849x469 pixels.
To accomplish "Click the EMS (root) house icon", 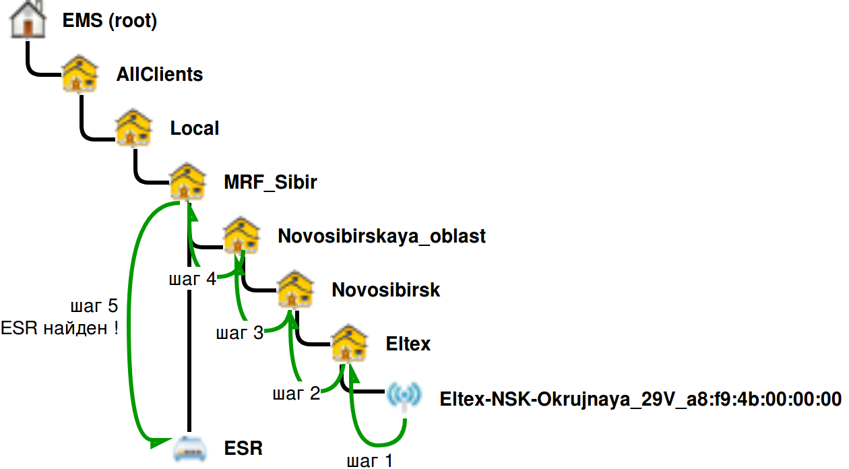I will (x=28, y=20).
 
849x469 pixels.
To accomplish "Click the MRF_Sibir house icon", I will (x=187, y=182).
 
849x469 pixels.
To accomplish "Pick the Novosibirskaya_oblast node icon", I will (x=241, y=236).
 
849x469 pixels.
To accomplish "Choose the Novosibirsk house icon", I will (x=296, y=290).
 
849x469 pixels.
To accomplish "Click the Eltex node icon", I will (x=350, y=344).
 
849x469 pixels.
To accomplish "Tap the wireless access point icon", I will (x=404, y=398).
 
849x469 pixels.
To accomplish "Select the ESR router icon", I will (x=189, y=448).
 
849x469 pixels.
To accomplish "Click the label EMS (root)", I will (x=110, y=21).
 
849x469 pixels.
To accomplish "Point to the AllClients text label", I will (x=160, y=74).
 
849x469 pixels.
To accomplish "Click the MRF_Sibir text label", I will (x=271, y=183).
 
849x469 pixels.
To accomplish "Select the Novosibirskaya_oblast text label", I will (x=381, y=237).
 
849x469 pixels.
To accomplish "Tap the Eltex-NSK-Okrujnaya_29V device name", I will (x=640, y=399).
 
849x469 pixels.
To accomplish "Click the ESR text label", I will (x=244, y=448).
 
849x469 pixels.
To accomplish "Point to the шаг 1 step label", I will (x=369, y=462).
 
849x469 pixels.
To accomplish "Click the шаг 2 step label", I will (x=296, y=394).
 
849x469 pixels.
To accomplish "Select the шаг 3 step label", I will (x=239, y=333).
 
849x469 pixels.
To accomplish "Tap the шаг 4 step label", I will (x=192, y=279).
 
